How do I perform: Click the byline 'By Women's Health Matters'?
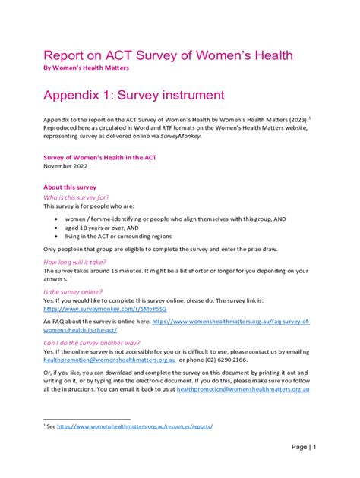[86, 68]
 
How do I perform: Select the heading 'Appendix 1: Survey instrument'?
[134, 95]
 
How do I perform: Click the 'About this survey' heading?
[70, 187]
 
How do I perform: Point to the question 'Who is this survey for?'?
[81, 197]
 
